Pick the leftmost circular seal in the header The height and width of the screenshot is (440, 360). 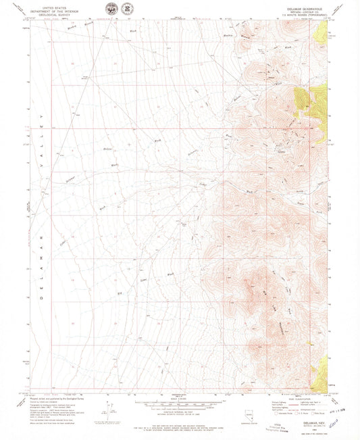pyautogui.click(x=111, y=9)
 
